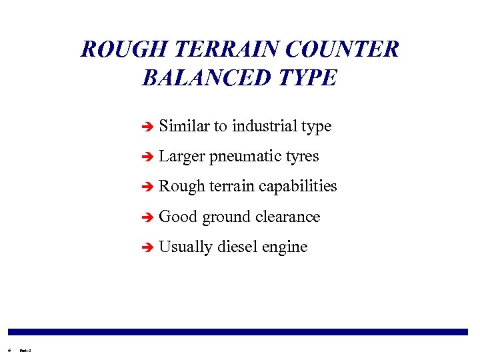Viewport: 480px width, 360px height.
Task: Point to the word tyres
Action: point(302,157)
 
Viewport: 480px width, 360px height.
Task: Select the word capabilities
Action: point(297,187)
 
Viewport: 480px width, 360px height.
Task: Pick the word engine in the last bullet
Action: point(285,247)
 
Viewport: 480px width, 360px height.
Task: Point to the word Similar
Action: point(183,126)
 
